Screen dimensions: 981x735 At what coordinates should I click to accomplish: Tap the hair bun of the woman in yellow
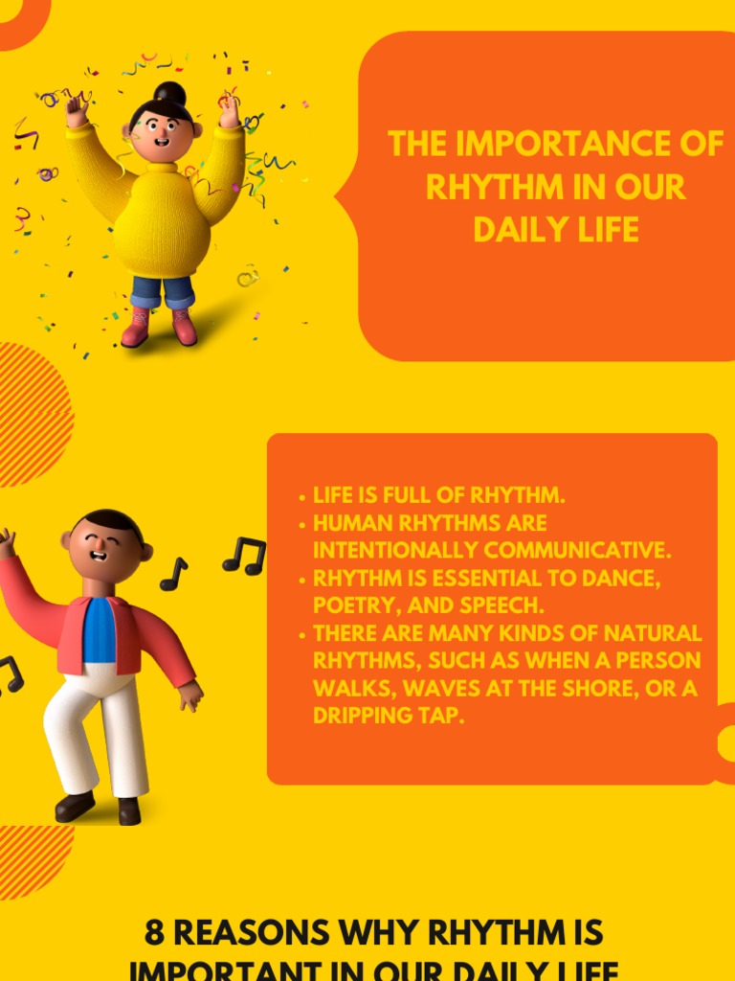[169, 93]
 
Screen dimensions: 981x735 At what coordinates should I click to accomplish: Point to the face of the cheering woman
[161, 131]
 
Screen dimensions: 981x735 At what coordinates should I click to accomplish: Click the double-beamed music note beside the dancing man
[244, 556]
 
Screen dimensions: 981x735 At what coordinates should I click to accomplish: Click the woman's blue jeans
[161, 290]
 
